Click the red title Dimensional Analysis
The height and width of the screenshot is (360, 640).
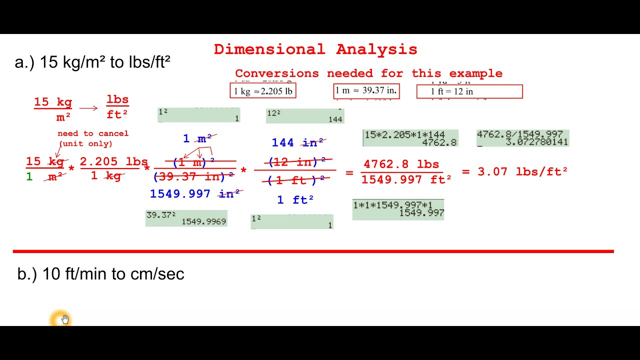click(315, 49)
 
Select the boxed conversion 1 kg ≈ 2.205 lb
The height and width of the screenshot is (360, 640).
click(263, 91)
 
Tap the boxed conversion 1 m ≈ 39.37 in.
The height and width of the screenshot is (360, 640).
click(366, 91)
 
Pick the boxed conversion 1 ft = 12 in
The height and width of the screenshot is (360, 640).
click(469, 91)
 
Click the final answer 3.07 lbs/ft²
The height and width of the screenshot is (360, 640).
click(522, 171)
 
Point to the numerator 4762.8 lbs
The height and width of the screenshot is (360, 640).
click(401, 164)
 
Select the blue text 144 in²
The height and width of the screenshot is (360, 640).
click(298, 143)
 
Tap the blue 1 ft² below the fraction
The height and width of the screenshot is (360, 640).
click(295, 200)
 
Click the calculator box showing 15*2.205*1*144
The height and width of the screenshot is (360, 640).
click(410, 138)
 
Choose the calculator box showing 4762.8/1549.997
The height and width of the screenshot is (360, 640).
click(522, 138)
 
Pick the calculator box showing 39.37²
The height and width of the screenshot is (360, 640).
click(186, 218)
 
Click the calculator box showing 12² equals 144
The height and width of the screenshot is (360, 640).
click(305, 115)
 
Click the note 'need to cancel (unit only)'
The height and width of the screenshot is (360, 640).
click(93, 138)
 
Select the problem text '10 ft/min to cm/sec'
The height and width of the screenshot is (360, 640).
click(113, 274)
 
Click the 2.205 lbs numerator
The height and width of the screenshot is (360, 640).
click(113, 161)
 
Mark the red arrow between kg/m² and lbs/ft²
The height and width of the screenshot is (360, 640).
click(88, 107)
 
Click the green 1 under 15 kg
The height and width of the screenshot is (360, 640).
click(29, 176)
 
